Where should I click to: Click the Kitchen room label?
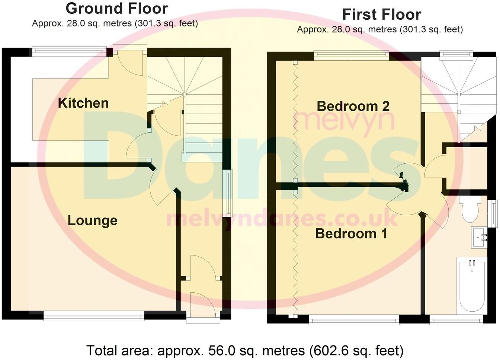[x=83, y=103]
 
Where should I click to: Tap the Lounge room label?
[x=92, y=220]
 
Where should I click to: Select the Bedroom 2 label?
[x=353, y=106]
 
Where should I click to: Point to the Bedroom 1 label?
[x=351, y=234]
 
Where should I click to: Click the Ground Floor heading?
[x=116, y=8]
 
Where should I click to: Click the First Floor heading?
[x=381, y=15]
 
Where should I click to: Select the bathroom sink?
[x=479, y=237]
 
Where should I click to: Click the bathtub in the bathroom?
[x=471, y=286]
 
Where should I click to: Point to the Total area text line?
[x=245, y=350]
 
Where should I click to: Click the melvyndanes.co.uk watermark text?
[x=282, y=219]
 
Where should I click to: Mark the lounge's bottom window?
[x=94, y=316]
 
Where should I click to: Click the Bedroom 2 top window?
[x=351, y=55]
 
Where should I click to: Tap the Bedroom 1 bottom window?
[x=354, y=319]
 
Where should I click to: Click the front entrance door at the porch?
[x=203, y=305]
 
